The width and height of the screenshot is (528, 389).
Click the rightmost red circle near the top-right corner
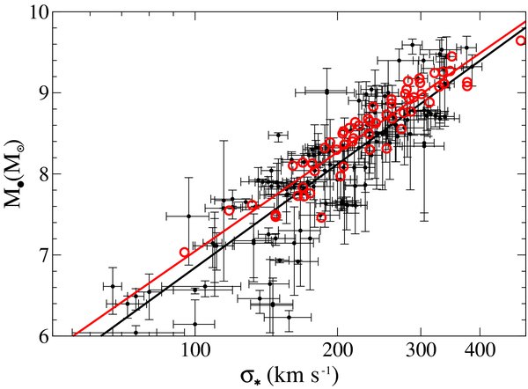[x=520, y=40]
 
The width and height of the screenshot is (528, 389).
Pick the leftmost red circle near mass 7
[x=185, y=253]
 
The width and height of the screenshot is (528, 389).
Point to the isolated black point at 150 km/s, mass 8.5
[x=279, y=136]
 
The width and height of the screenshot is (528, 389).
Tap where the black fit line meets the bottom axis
[x=102, y=335]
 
